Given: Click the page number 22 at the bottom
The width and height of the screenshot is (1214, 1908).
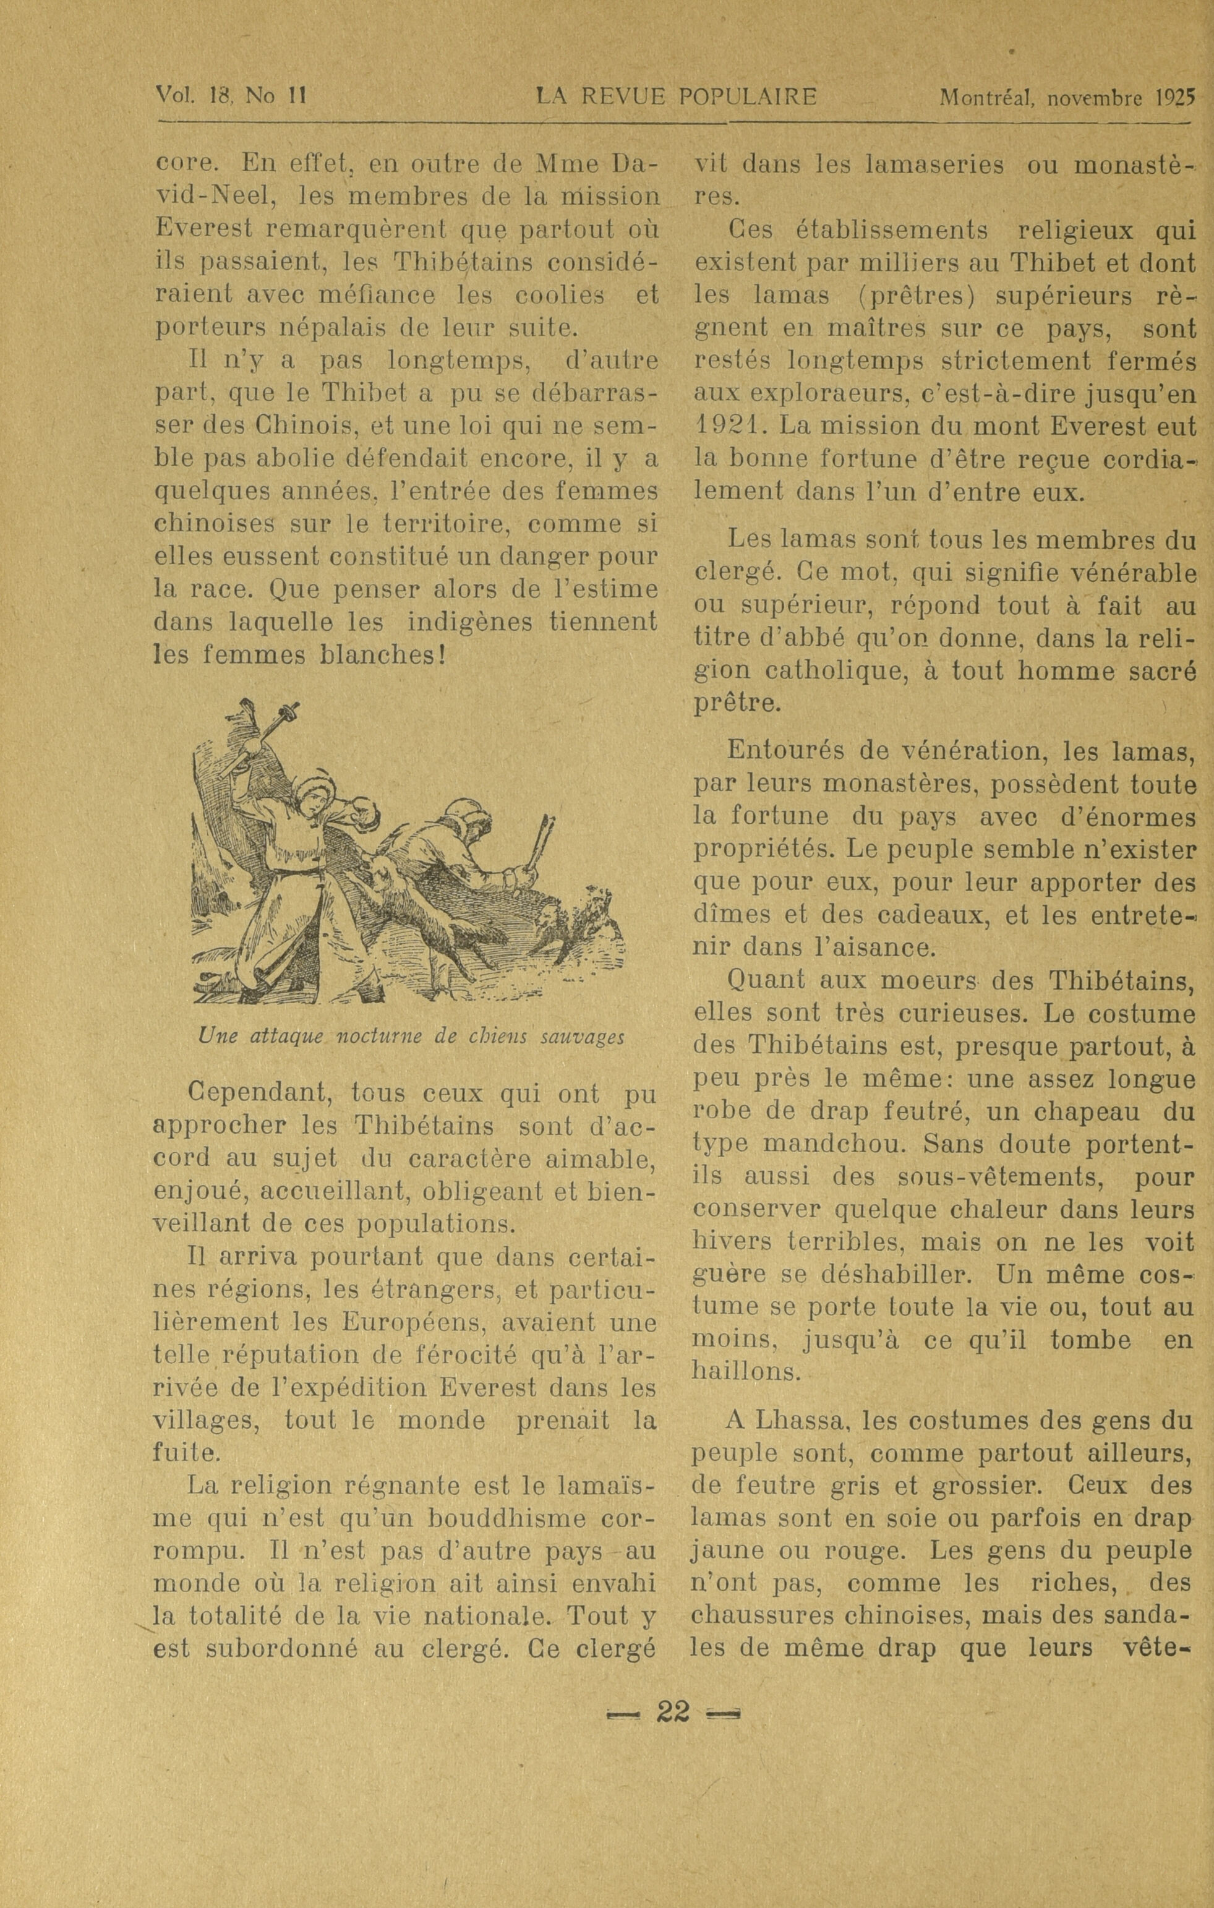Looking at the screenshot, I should [673, 1713].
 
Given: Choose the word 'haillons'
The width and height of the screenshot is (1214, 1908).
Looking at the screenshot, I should [746, 1372].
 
